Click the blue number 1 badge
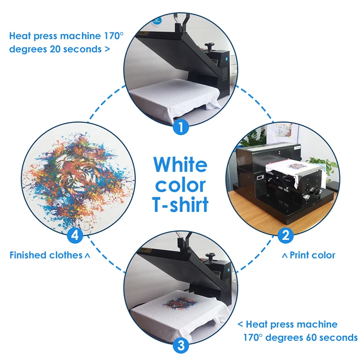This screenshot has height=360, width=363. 181,126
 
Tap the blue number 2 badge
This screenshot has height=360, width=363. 286,236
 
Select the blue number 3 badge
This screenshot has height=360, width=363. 181,345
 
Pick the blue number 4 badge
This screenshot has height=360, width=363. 75,236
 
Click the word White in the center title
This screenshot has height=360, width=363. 181,165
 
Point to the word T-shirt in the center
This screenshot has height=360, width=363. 181,204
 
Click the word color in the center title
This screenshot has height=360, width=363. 181,185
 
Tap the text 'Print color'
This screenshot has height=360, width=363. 312,255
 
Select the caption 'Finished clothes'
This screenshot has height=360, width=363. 46,255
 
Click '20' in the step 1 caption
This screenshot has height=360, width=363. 55,49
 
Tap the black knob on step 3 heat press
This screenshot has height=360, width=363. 211,257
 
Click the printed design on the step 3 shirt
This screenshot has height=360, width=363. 180,302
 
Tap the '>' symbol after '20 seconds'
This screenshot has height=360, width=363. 107,49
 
